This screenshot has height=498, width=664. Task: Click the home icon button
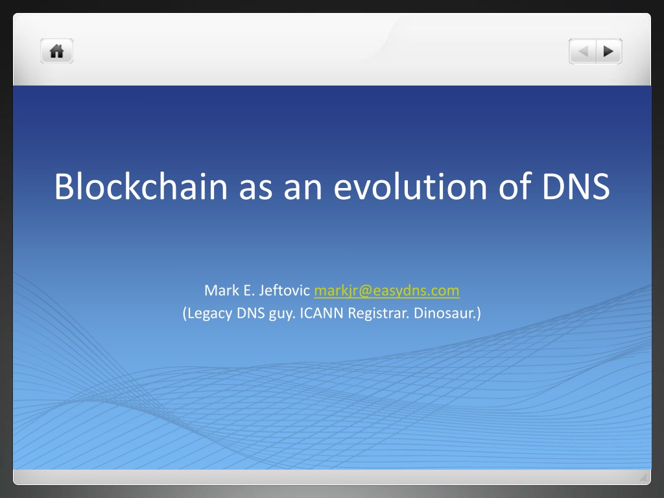(57, 51)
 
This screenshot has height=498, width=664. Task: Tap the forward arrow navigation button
(609, 51)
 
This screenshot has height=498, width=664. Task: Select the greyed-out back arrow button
(583, 51)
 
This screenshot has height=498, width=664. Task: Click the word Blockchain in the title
(141, 186)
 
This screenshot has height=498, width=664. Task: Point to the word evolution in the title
(410, 186)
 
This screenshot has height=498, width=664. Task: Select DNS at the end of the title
(576, 186)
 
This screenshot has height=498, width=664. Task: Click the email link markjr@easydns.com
(386, 290)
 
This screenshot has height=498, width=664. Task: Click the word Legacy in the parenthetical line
(207, 313)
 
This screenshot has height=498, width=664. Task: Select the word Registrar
(379, 313)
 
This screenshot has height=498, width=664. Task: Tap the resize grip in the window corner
(643, 478)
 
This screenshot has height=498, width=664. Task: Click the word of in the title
(515, 186)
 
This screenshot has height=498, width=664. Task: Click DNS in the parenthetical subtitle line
(251, 313)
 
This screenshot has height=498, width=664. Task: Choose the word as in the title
(255, 189)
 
